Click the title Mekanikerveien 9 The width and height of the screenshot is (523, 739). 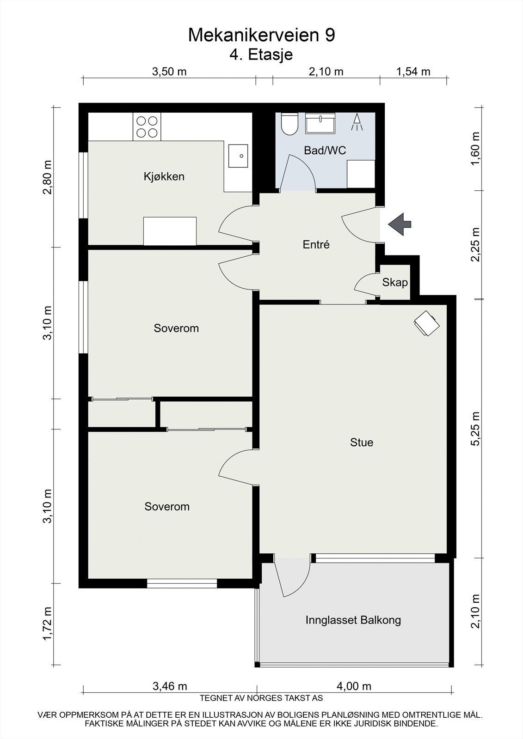tap(261, 35)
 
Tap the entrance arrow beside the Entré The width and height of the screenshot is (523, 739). tap(400, 224)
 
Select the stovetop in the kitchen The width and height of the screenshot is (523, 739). tap(147, 127)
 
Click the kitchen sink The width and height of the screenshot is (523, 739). tap(238, 156)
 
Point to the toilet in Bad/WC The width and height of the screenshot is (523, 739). tap(290, 124)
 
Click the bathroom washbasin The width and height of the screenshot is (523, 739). tap(320, 123)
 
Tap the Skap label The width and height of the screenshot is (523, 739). tap(395, 282)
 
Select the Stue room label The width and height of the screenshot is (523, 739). tap(362, 442)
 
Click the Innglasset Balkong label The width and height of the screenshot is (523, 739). tap(353, 620)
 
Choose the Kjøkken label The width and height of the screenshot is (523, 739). tap(164, 176)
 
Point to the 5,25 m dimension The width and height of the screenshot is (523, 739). tap(476, 429)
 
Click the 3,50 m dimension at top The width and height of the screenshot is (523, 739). tap(169, 72)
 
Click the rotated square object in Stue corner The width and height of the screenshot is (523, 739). tap(426, 323)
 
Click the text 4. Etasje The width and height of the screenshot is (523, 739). tap(261, 55)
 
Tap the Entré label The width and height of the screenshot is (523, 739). tap(316, 244)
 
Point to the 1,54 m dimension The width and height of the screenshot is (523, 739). tap(413, 72)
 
